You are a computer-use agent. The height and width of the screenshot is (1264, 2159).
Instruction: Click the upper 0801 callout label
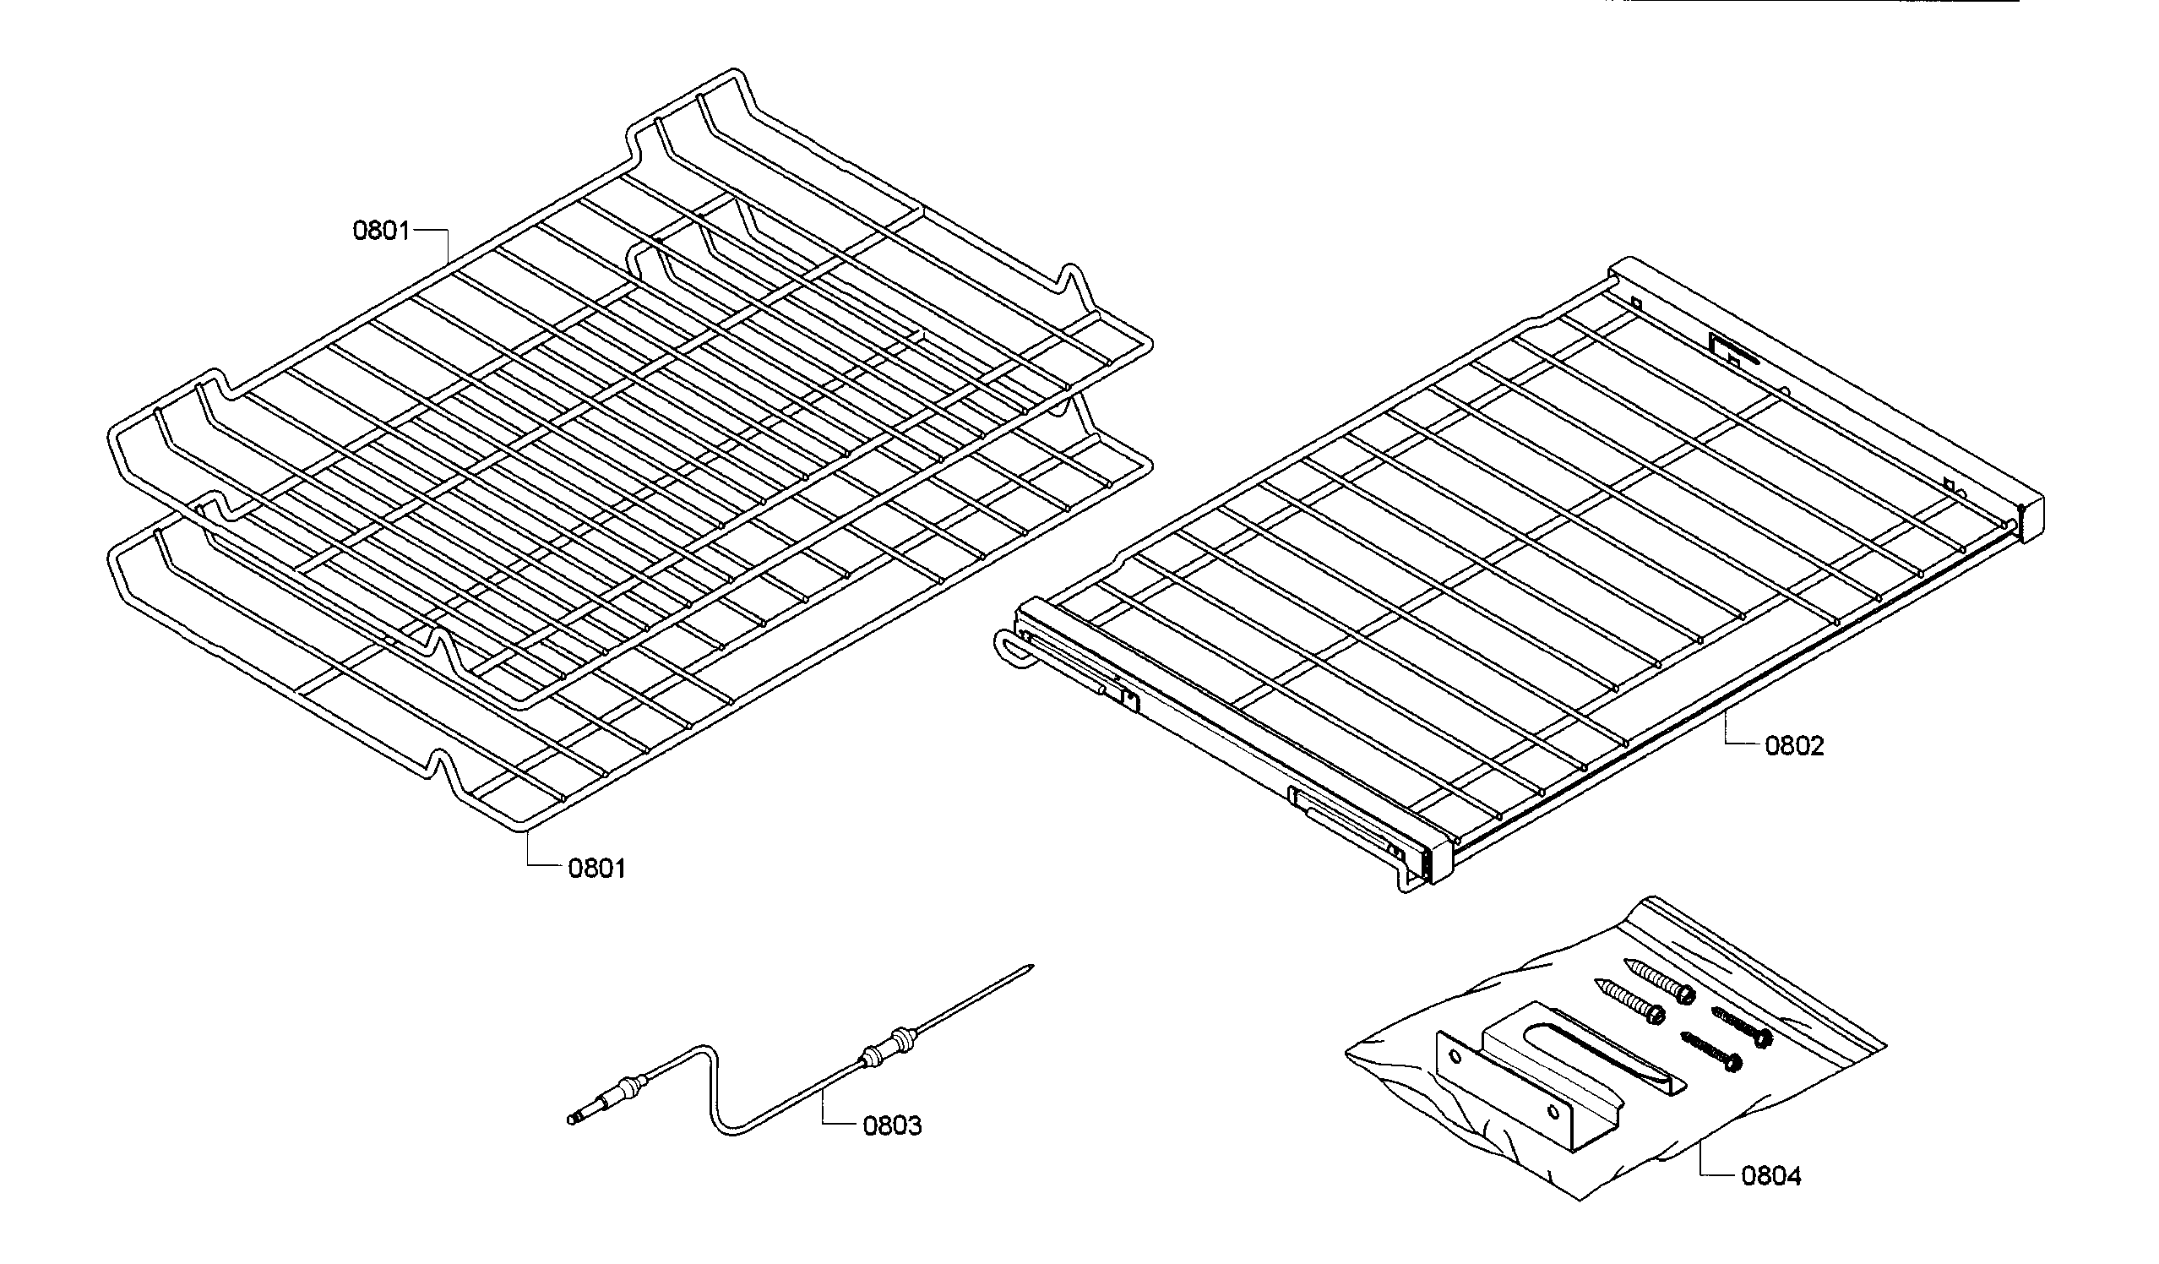pos(381,231)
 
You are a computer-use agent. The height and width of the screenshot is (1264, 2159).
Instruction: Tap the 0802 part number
pos(1794,745)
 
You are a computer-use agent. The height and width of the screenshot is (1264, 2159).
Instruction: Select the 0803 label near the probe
pos(892,1125)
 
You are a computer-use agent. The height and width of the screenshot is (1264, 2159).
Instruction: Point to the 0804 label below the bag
pos(1771,1176)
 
